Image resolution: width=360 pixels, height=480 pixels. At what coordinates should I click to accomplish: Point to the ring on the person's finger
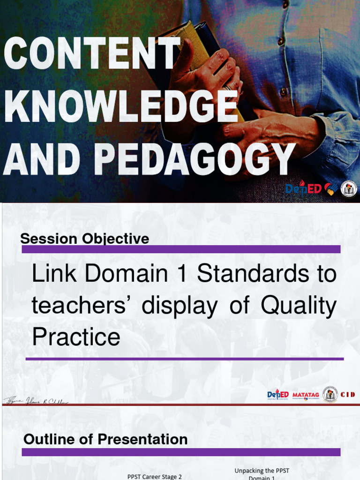pos(227,87)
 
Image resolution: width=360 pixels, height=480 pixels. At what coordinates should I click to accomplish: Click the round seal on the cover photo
pos(348,188)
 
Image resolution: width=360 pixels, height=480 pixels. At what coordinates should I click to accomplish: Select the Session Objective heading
pos(84,239)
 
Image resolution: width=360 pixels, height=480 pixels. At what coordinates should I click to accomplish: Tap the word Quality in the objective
pos(299,306)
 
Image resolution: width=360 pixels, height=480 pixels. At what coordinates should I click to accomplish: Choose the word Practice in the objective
pos(76,337)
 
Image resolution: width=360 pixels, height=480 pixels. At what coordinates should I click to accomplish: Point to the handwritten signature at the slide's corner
pos(36,401)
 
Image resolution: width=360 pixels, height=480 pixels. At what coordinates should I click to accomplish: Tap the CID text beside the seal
pos(347,395)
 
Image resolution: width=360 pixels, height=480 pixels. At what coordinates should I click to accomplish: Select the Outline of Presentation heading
pos(105,439)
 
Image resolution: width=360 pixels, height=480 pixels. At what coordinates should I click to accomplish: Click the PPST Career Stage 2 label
pos(155,476)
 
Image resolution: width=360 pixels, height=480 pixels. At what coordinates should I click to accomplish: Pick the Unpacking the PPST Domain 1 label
pos(262,474)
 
